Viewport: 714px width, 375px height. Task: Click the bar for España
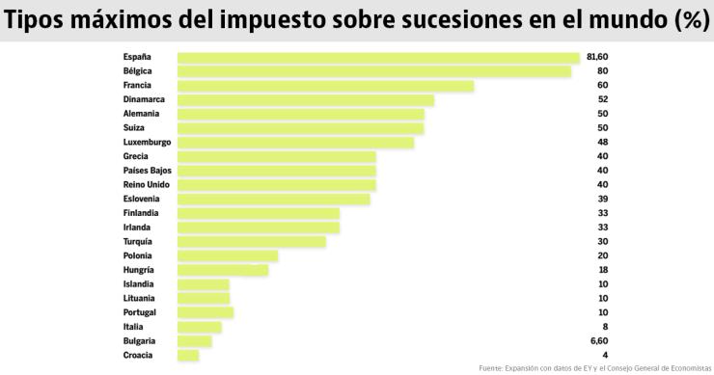[x=378, y=57]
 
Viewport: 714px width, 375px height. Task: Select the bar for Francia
[x=325, y=86]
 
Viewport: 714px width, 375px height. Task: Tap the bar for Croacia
[x=188, y=356]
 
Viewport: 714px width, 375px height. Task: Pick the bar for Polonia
[x=228, y=256]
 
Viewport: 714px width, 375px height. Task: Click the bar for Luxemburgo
[x=295, y=143]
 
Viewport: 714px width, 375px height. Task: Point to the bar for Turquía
[x=252, y=242]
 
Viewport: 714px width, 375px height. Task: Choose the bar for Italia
[x=200, y=328]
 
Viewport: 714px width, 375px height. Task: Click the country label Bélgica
[x=138, y=71]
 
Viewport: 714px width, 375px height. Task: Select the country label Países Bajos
[x=148, y=171]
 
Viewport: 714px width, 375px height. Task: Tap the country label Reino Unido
[x=147, y=185]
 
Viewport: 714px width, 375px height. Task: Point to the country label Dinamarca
[x=144, y=99]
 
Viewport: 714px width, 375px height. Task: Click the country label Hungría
[x=140, y=271]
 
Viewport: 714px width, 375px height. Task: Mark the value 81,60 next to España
[x=597, y=57]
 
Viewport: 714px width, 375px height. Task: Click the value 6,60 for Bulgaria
[x=599, y=341]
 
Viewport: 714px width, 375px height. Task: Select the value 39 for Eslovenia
[x=602, y=199]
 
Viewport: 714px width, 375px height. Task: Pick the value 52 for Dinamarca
[x=602, y=99]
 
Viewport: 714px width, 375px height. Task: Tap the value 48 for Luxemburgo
[x=602, y=143]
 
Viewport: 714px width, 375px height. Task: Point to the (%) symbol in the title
[x=689, y=20]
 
